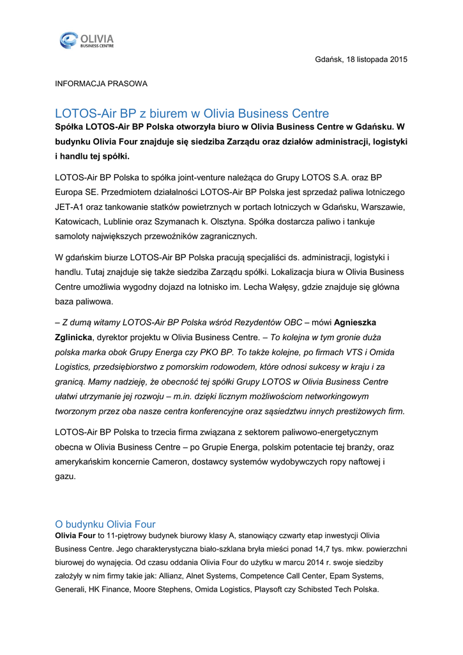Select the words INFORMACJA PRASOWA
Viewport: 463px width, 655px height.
pos(101,83)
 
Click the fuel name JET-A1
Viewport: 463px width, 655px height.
pos(68,207)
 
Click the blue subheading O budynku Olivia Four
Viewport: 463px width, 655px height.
pos(105,524)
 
